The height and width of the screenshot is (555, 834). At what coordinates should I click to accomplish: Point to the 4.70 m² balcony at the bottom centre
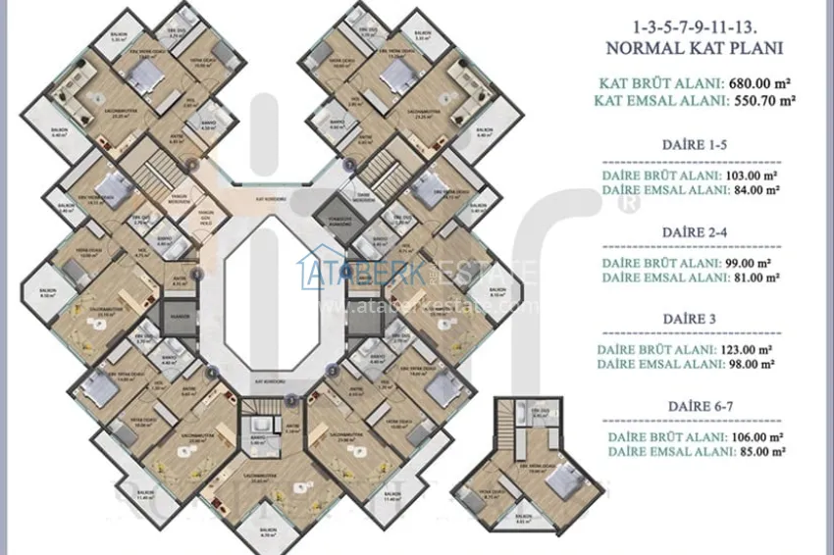pos(268,532)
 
